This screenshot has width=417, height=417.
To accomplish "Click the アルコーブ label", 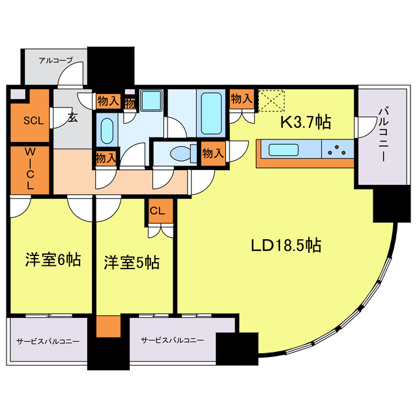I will (55, 60).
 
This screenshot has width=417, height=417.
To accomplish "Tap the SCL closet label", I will (30, 121).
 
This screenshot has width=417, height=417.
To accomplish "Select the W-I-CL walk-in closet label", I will (29, 169).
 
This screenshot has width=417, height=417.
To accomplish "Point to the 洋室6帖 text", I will (53, 260).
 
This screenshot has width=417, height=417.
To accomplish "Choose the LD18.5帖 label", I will (285, 246).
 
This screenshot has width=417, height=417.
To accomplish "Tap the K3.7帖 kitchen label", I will (305, 122).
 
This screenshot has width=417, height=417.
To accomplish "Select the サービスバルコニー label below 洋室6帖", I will (48, 341).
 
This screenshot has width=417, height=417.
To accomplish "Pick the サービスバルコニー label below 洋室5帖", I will (172, 340).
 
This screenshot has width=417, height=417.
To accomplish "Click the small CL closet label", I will (158, 210).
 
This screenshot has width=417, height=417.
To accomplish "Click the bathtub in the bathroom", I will (211, 112).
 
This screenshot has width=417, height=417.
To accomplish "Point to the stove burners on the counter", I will (338, 150).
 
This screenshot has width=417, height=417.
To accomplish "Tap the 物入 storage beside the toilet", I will (212, 153).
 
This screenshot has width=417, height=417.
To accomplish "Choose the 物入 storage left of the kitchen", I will (241, 98).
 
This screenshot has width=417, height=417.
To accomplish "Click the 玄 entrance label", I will (72, 118).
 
